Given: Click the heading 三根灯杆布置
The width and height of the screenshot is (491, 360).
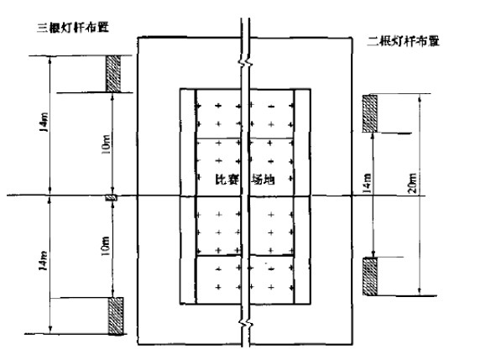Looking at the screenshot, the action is (73, 28).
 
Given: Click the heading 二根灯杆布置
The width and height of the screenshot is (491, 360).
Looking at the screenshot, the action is (404, 41).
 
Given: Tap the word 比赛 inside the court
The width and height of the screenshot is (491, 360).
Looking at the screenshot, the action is (227, 180).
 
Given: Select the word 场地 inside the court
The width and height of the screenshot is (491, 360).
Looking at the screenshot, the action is (263, 180).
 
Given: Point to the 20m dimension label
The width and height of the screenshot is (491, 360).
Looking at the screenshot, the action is (413, 182).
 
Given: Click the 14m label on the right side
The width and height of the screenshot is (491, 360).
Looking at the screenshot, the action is (367, 182).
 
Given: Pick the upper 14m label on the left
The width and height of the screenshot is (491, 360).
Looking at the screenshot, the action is (44, 122).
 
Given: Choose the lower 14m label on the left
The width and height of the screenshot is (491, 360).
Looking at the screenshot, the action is (44, 261).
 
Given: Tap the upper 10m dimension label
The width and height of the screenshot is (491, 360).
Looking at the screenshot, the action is (106, 144).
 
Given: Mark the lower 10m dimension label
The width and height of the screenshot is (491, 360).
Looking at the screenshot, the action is (105, 246).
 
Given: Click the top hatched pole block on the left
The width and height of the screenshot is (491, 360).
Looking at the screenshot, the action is (113, 74).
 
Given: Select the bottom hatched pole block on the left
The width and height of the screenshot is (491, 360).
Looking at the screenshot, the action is (116, 316).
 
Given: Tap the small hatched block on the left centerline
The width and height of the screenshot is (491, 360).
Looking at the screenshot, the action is (111, 197).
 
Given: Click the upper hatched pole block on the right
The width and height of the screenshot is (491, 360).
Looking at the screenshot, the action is (370, 113).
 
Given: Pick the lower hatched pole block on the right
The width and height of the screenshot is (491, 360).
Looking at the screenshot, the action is (370, 276).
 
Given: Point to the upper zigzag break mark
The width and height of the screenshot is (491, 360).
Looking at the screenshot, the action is (245, 63).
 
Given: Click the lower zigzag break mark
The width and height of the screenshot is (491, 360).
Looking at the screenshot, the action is (245, 322).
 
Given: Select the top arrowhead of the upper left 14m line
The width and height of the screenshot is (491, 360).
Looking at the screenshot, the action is (50, 59).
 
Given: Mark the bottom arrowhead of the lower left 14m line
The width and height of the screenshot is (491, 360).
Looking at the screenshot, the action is (50, 331).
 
